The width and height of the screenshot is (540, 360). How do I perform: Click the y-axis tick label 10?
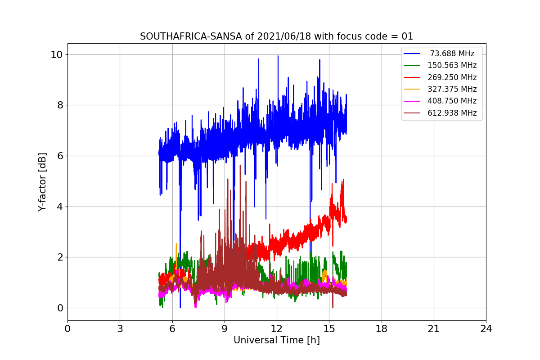56,54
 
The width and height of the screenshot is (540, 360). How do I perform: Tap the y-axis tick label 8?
59,105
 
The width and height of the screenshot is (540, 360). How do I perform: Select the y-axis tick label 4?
59,207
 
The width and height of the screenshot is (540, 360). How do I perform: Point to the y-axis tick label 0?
59,308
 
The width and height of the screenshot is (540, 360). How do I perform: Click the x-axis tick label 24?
486,329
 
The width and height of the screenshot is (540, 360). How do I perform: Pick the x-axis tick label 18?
382,329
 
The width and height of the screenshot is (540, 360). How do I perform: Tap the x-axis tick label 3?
120,329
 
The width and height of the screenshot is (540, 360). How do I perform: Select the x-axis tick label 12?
277,329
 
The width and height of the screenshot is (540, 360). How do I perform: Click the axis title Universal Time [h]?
277,341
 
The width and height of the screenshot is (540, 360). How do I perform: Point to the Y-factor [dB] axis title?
42,181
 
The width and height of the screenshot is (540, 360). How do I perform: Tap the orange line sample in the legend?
412,89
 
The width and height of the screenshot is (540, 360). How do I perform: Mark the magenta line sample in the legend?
412,101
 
